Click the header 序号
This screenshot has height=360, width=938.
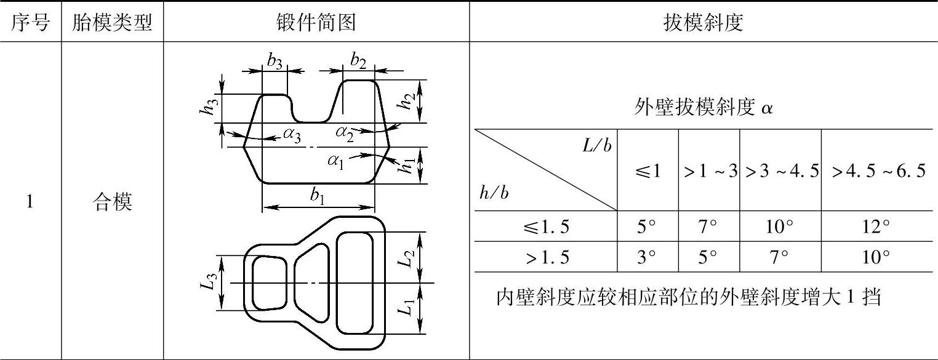(x=31, y=23)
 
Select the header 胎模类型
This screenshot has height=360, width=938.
(x=112, y=23)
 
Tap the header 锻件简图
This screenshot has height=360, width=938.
(x=316, y=23)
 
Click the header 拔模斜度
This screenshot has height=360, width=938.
(x=703, y=23)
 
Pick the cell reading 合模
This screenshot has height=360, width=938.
(x=112, y=202)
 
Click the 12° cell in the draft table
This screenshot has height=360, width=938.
(x=876, y=228)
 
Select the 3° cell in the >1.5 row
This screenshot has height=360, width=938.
(x=647, y=257)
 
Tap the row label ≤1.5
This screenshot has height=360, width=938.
(x=545, y=228)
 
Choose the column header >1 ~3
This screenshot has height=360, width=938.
(x=709, y=172)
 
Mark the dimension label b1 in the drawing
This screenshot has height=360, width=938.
(x=318, y=197)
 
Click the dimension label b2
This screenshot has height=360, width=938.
(x=358, y=60)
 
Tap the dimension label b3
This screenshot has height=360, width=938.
(x=275, y=60)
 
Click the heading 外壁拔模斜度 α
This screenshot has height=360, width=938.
(x=704, y=109)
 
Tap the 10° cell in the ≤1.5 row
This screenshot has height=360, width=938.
(x=779, y=228)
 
